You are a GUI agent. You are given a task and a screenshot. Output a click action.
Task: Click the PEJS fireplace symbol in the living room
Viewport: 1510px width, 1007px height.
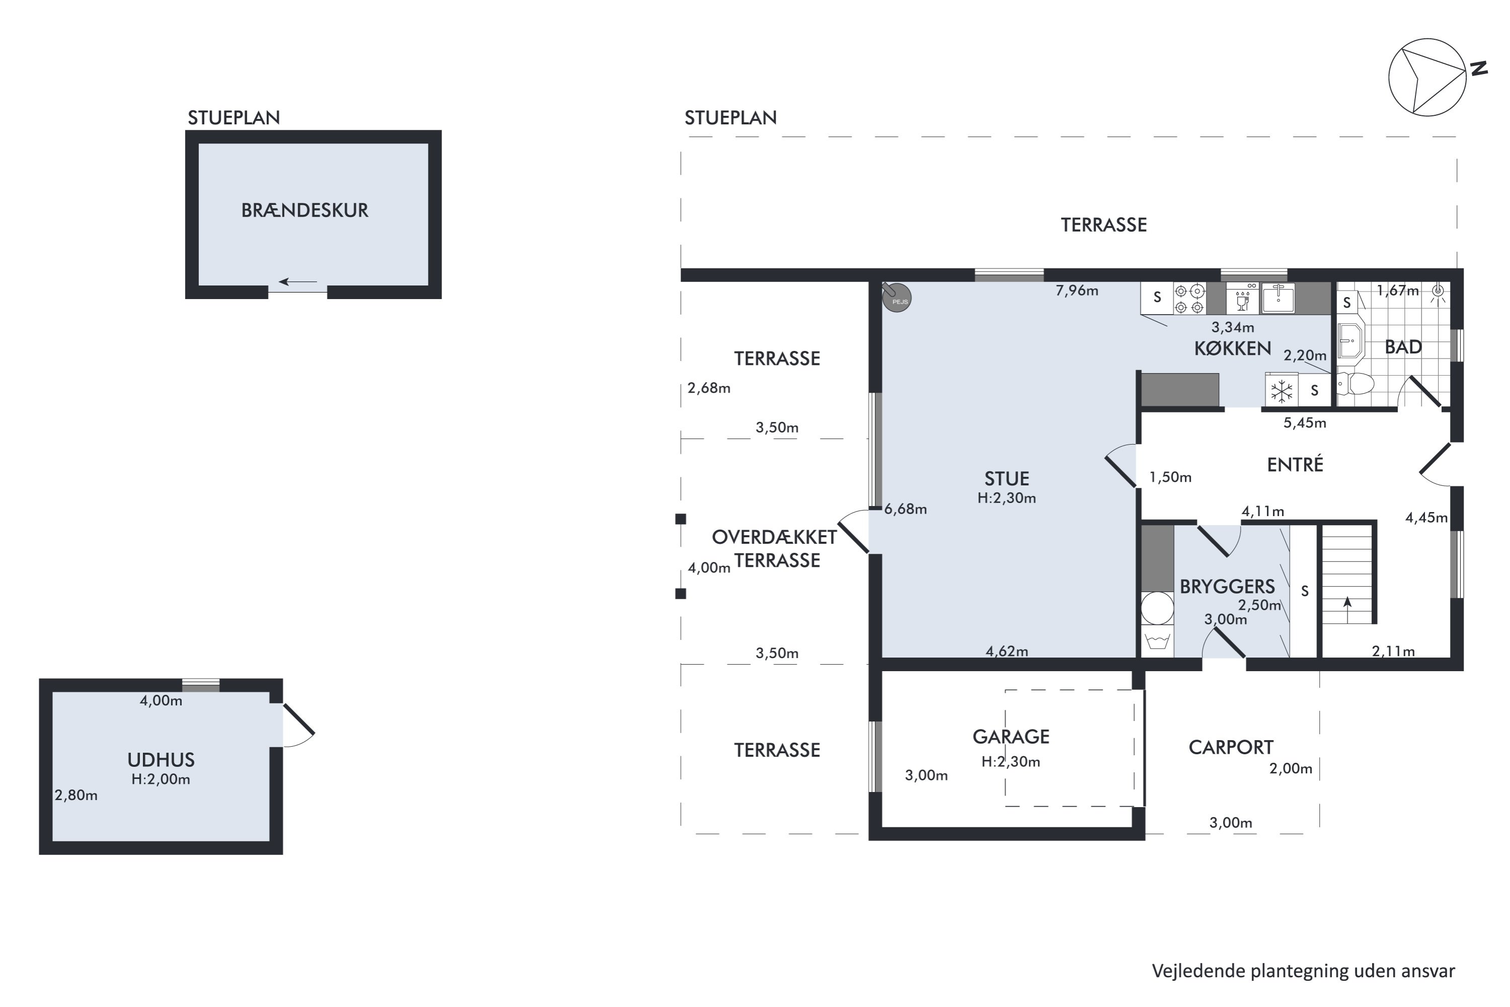point(896,298)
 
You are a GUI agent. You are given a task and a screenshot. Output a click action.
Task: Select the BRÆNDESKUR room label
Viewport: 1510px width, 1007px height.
point(305,210)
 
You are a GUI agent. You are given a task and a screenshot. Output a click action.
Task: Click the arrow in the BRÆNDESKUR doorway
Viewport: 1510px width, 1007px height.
point(298,282)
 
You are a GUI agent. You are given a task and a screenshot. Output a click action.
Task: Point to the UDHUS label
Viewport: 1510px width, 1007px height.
point(161,760)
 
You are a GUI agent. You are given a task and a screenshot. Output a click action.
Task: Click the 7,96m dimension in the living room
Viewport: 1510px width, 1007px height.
point(1077,291)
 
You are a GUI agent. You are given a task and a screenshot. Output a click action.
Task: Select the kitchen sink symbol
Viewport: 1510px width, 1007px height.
point(1278,298)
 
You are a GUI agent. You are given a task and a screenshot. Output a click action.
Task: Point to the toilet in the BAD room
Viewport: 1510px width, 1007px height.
point(1355,384)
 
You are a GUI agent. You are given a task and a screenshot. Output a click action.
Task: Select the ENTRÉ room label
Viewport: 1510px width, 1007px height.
point(1295,464)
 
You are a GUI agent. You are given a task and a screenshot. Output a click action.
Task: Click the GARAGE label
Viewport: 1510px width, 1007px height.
point(1011,737)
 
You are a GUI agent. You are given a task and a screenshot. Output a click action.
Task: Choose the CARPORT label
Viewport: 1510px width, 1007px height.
point(1231,748)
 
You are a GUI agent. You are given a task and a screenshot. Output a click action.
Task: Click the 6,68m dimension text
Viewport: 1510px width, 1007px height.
point(905,509)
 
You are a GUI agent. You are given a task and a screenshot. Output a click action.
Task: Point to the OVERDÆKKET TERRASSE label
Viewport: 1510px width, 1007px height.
point(775,548)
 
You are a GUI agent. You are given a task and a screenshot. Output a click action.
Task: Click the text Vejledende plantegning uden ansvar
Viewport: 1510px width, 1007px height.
point(1303,971)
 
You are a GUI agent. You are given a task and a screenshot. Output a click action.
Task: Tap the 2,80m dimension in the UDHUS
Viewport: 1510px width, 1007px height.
point(76,795)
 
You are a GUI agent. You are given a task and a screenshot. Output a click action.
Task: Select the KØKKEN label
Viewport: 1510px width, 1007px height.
point(1233,349)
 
